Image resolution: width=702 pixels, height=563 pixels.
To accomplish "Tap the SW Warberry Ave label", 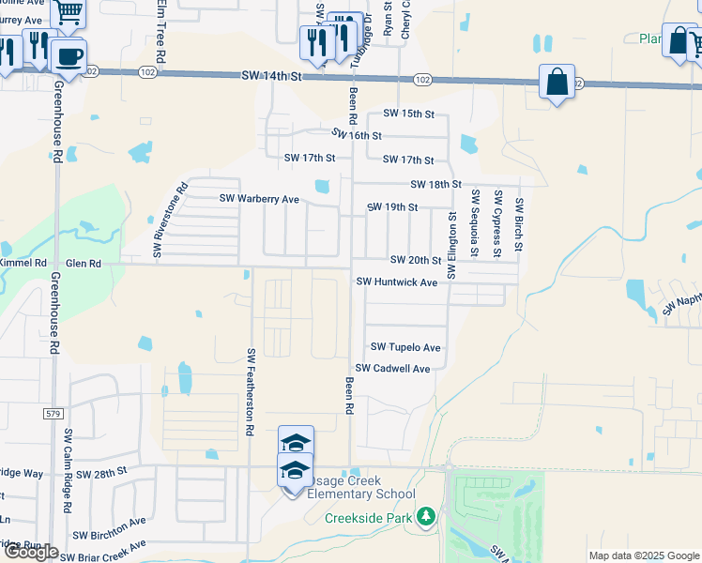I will click(259, 199).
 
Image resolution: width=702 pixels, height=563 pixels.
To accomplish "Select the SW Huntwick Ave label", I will click(397, 281).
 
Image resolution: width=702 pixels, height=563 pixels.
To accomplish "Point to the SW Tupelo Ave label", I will click(404, 347).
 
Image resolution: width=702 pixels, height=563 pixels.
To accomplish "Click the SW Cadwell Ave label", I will click(392, 369).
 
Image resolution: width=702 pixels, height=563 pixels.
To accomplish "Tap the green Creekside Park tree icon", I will click(426, 517).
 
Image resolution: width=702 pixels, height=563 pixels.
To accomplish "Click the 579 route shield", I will click(52, 413).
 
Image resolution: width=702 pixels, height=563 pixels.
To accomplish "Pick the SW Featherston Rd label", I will click(251, 391).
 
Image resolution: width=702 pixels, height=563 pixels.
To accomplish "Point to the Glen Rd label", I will click(82, 265).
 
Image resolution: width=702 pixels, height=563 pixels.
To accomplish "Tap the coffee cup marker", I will click(68, 55).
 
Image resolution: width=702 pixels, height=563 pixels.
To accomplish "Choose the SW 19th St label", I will click(391, 206).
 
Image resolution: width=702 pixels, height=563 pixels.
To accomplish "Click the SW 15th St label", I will click(409, 114).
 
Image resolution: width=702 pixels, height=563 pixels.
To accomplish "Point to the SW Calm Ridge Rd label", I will click(68, 470).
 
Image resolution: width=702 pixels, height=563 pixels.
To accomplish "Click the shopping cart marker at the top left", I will click(69, 12).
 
